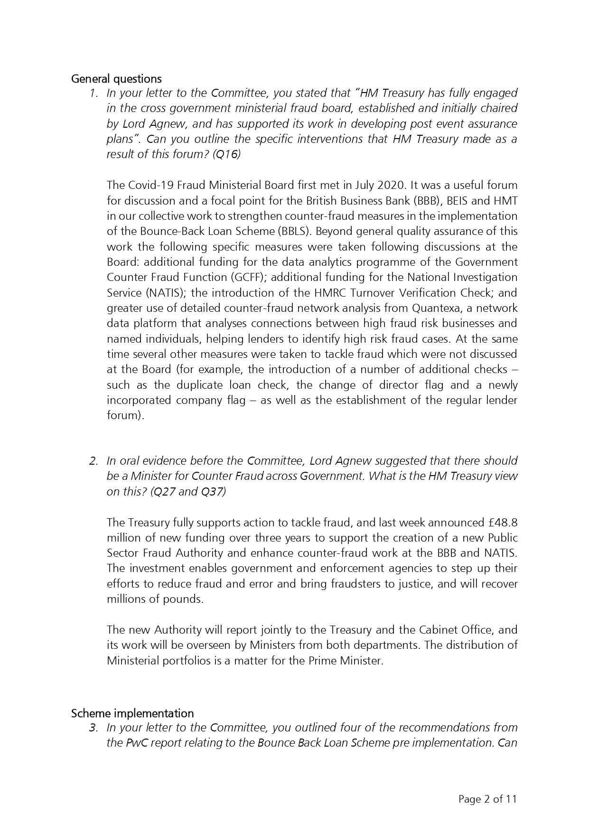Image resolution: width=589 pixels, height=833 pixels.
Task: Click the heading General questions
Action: coord(116,79)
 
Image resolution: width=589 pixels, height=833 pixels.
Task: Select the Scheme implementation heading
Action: coord(132,713)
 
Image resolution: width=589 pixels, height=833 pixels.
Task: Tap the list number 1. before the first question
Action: coord(94,93)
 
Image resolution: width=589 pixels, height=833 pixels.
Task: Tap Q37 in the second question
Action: coord(213,492)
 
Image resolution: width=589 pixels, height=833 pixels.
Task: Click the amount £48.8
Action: coord(503,523)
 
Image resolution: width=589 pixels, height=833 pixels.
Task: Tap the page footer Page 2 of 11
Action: coord(487,799)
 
